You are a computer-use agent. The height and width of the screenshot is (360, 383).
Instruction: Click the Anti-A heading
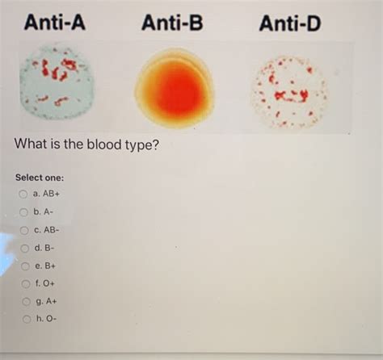click(x=55, y=23)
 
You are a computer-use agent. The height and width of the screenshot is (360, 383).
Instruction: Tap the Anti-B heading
click(x=172, y=23)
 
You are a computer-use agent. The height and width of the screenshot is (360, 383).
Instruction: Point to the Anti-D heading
click(x=290, y=23)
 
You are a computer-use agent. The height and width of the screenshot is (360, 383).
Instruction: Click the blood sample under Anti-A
click(x=57, y=82)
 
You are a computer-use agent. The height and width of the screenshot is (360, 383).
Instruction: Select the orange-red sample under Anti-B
click(x=175, y=87)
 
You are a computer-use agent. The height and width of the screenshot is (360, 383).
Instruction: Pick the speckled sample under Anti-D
click(x=290, y=91)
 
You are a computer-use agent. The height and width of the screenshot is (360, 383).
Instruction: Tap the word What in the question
click(x=31, y=144)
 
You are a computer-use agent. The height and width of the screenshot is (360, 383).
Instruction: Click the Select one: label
click(x=40, y=178)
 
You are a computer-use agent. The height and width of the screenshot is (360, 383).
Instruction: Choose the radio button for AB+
click(x=23, y=194)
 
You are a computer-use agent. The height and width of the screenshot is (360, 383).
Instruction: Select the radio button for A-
click(x=23, y=212)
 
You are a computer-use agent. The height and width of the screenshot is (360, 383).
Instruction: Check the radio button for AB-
click(x=24, y=230)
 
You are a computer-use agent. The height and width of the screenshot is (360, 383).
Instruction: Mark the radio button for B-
click(x=25, y=248)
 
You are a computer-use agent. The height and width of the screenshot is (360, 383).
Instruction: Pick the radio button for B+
click(x=25, y=266)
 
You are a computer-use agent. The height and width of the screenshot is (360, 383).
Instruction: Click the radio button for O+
click(x=26, y=283)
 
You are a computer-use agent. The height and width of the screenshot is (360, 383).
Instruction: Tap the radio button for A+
click(x=26, y=302)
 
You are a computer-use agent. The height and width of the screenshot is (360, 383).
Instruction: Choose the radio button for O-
click(x=27, y=319)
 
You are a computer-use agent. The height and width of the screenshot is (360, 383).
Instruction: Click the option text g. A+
click(x=46, y=301)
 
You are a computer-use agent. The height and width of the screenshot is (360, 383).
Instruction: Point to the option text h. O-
click(x=47, y=319)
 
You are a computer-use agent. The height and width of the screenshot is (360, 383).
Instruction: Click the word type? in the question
click(x=142, y=145)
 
